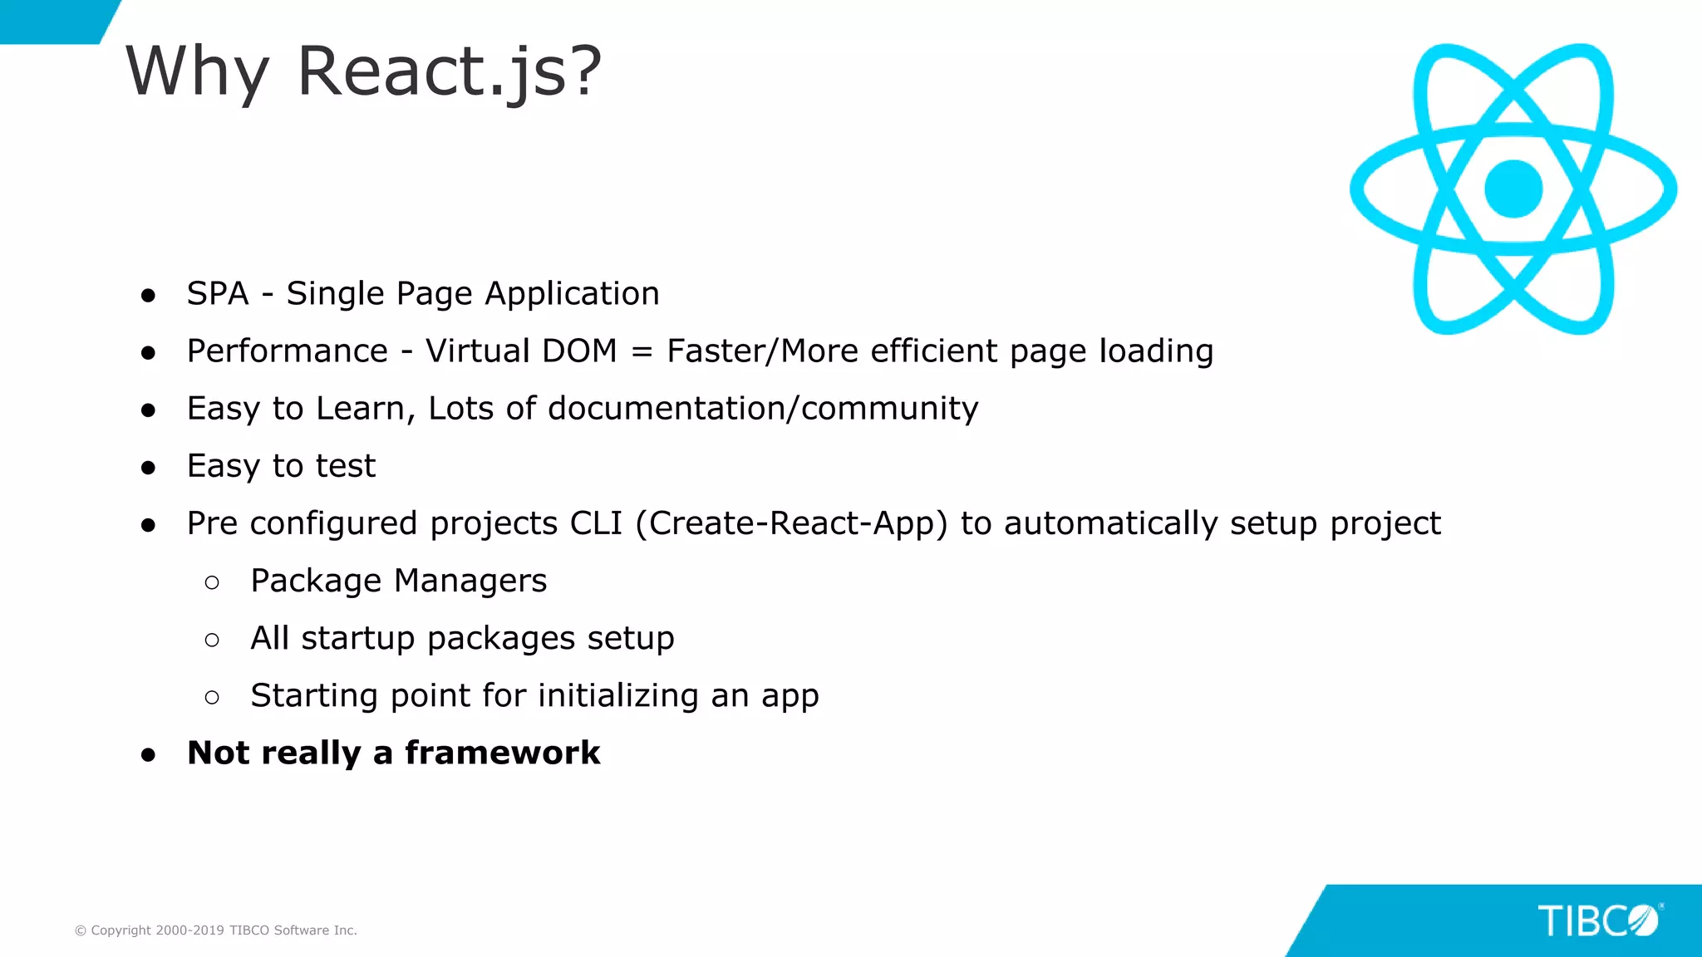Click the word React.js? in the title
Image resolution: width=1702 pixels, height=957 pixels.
tap(449, 73)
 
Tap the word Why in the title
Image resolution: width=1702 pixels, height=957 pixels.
tap(197, 73)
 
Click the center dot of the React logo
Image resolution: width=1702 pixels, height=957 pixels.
tap(1513, 189)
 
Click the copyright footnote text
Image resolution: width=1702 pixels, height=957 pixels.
tap(216, 930)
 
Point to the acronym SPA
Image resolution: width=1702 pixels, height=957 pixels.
tap(218, 294)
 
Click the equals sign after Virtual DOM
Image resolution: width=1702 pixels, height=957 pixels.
tap(642, 351)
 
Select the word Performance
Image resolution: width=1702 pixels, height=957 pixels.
tap(288, 351)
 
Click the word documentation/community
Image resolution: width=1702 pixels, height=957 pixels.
tap(763, 409)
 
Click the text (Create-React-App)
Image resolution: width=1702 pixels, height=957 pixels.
tap(791, 523)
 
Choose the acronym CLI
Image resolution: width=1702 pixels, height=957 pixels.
tap(596, 523)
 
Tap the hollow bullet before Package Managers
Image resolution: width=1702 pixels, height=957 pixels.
tap(212, 583)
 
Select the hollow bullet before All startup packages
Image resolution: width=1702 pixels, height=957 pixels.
tap(212, 640)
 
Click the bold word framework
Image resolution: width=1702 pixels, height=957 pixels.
tap(502, 753)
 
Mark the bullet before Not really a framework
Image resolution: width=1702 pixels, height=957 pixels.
tap(149, 755)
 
